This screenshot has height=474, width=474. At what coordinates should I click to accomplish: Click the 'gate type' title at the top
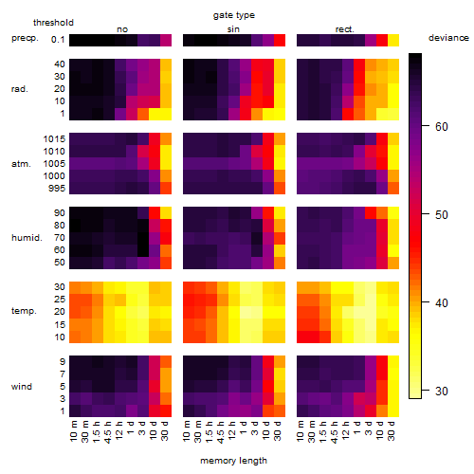(x=234, y=15)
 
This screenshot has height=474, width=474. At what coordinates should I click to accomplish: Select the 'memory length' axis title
(x=233, y=461)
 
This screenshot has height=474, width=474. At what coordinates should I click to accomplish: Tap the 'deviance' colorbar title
(x=448, y=38)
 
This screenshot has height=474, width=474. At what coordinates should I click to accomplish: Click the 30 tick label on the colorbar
(x=442, y=392)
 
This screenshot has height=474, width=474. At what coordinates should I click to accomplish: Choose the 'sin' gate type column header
(x=233, y=29)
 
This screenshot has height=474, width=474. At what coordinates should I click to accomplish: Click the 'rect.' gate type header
(x=344, y=29)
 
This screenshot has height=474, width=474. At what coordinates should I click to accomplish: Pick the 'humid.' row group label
(x=27, y=238)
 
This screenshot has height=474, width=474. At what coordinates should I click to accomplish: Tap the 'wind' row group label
(x=22, y=387)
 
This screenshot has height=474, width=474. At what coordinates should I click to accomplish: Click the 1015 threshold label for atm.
(x=54, y=139)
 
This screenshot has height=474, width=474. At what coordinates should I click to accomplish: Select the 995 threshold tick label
(x=57, y=189)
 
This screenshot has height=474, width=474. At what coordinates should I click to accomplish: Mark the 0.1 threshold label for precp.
(x=58, y=40)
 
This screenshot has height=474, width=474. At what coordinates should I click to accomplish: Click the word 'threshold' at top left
(x=53, y=23)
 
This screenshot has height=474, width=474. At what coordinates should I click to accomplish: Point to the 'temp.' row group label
(x=24, y=311)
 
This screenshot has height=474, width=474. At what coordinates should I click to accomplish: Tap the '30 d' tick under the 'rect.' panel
(x=392, y=430)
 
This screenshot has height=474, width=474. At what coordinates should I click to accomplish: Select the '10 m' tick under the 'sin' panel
(x=187, y=430)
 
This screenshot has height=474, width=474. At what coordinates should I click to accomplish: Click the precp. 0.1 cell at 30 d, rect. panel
(x=393, y=40)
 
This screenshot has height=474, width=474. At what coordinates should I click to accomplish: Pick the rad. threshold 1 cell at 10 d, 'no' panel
(x=155, y=114)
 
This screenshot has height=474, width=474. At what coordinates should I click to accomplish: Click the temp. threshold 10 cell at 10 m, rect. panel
(x=302, y=337)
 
